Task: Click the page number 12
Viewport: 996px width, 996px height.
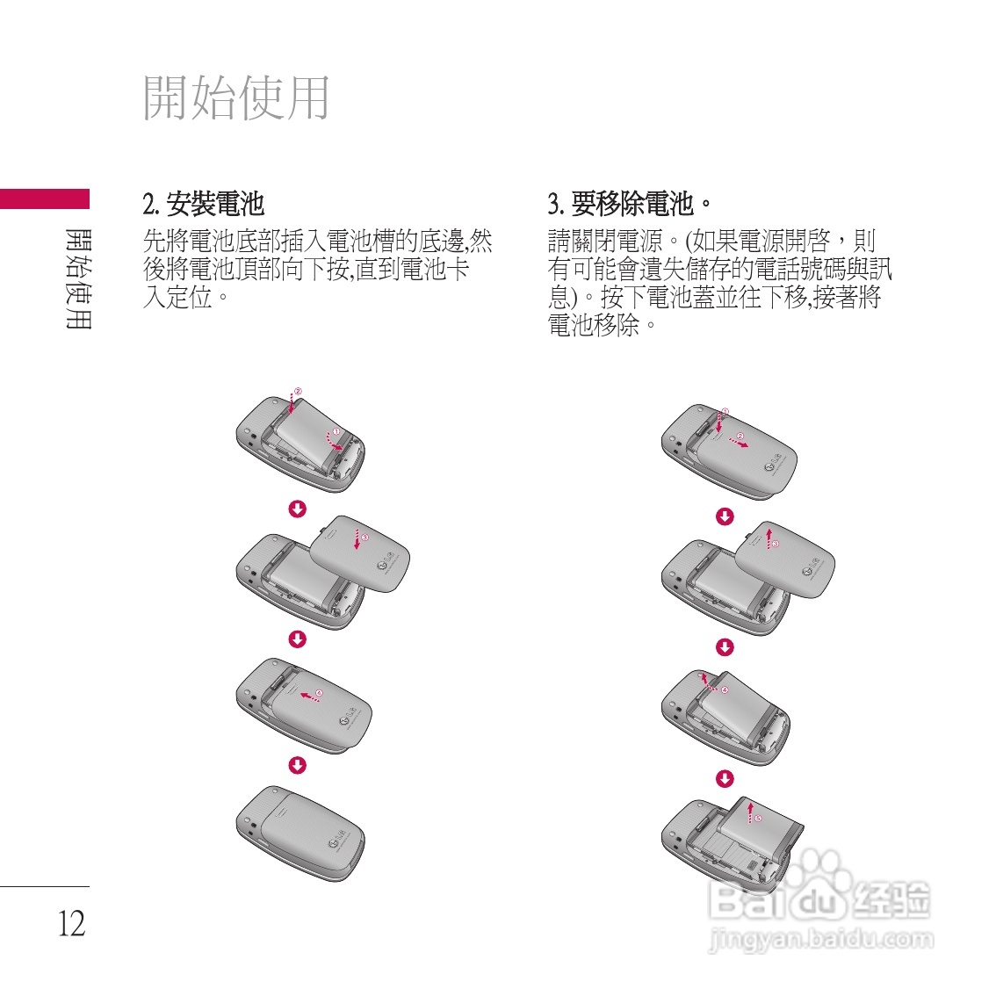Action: click(72, 923)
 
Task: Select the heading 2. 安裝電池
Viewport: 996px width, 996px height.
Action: click(203, 205)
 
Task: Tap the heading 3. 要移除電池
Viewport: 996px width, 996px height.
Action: click(629, 205)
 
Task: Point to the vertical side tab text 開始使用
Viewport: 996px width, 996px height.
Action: click(78, 278)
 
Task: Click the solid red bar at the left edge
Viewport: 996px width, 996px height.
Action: click(44, 199)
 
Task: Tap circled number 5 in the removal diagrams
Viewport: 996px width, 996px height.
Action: click(759, 818)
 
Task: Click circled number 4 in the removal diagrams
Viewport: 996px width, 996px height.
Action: click(725, 690)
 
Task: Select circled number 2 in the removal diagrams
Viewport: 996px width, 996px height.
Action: click(740, 436)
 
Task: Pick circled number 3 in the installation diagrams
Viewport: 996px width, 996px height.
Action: click(365, 537)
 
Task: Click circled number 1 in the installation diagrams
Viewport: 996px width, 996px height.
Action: click(335, 431)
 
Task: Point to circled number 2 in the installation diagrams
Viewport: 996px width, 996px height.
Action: click(298, 391)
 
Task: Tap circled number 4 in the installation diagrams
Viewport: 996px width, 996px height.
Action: click(319, 693)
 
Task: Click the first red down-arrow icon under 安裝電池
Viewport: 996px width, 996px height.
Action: click(298, 509)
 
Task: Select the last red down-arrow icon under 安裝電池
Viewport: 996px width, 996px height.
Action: click(298, 765)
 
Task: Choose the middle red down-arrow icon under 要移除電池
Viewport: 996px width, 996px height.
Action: click(725, 647)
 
